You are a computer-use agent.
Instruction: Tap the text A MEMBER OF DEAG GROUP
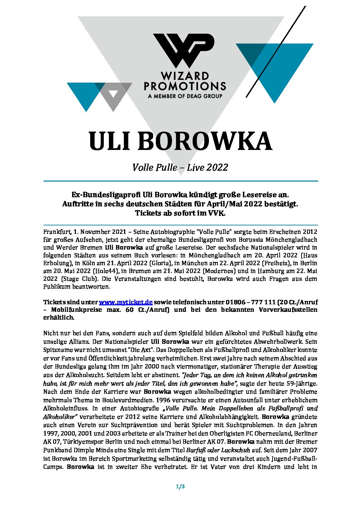(185, 96)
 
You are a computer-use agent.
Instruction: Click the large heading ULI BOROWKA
(180, 141)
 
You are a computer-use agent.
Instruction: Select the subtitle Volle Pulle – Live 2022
(180, 167)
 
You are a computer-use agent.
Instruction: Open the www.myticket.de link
(126, 302)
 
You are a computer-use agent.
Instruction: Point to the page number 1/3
(180, 487)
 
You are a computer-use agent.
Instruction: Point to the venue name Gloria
(160, 263)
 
